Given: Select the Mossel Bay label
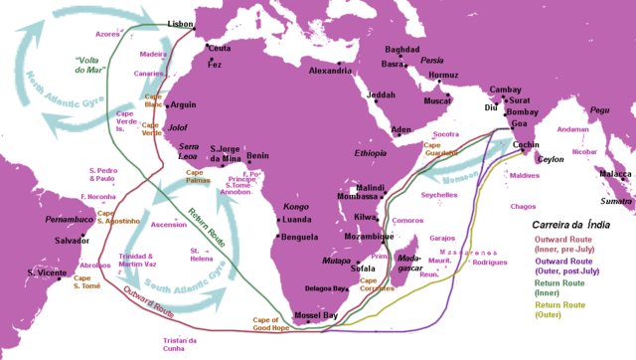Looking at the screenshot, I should [x=317, y=315].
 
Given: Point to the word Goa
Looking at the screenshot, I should [x=518, y=123].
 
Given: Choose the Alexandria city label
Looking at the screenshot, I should [x=330, y=71].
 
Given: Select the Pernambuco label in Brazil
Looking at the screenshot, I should [x=70, y=217].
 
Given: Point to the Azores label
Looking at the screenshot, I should [x=107, y=33].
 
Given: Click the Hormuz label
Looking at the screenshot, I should [x=443, y=76].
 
